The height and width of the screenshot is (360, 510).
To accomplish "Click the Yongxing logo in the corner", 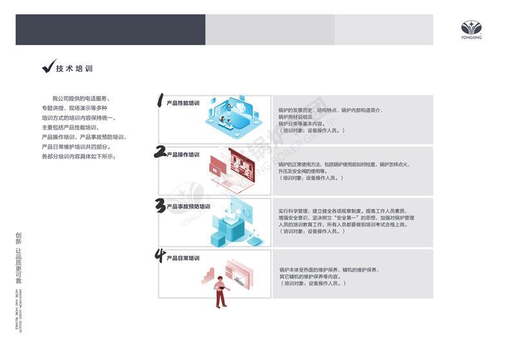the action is click(471, 30).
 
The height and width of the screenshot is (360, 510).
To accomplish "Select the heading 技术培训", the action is click(74, 68).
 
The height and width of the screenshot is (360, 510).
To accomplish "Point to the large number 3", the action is click(161, 205).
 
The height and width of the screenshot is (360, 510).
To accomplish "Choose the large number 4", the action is click(160, 256).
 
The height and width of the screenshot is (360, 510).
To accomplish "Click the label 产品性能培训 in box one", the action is click(183, 103).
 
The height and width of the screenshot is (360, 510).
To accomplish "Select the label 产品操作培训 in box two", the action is click(183, 155).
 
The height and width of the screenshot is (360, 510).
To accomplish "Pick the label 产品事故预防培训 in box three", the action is click(188, 206).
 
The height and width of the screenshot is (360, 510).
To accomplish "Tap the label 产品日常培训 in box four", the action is click(183, 258).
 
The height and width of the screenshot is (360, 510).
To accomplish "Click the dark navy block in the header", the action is click(110, 30).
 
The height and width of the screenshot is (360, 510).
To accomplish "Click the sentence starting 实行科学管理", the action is click(342, 211).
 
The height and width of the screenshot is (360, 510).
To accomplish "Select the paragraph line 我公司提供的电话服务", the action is click(81, 98).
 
